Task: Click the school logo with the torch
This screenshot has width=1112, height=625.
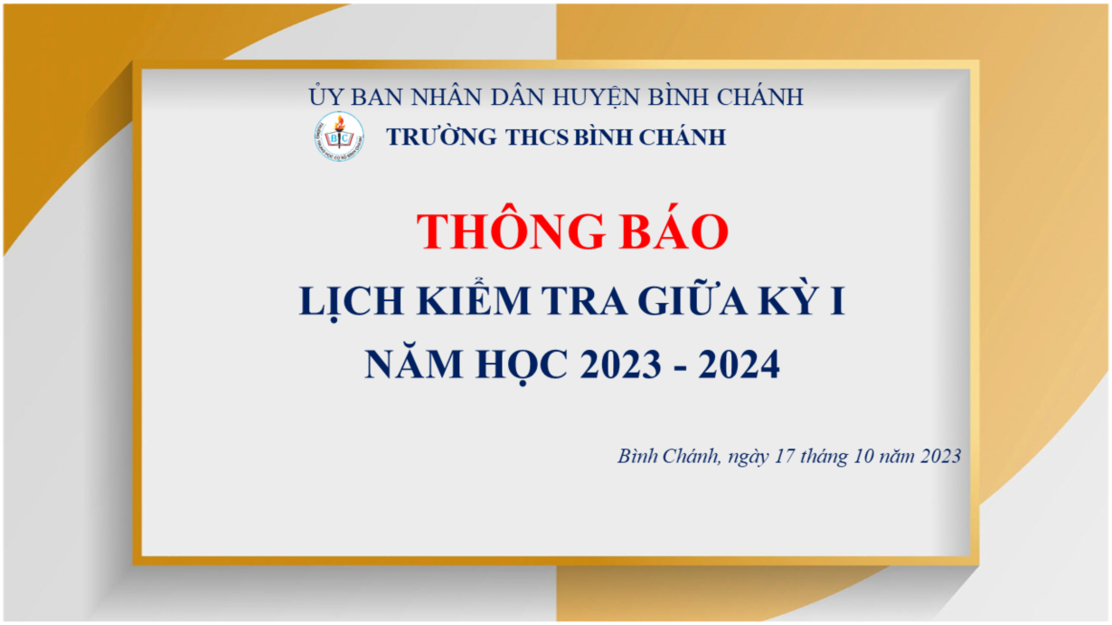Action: (x=339, y=137)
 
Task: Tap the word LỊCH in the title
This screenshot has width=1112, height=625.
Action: (x=351, y=302)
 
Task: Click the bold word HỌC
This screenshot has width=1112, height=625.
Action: (x=522, y=366)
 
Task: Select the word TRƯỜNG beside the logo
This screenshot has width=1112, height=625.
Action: (x=441, y=137)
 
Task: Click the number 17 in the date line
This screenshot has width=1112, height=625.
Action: (x=785, y=456)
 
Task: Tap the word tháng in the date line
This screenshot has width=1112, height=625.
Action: (x=825, y=457)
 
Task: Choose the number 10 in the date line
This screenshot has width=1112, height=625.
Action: (x=863, y=456)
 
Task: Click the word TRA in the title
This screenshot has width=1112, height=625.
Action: (x=584, y=299)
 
